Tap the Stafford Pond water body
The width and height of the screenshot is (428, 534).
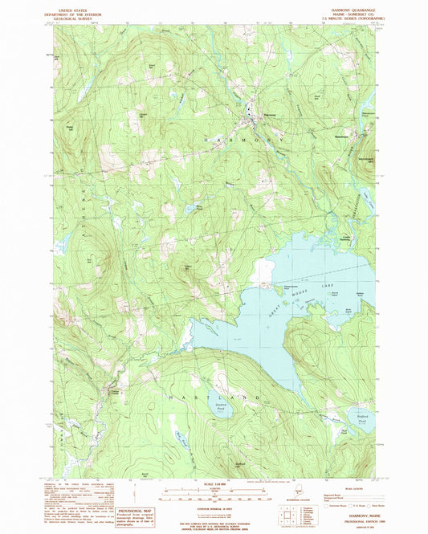pos(361,416)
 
